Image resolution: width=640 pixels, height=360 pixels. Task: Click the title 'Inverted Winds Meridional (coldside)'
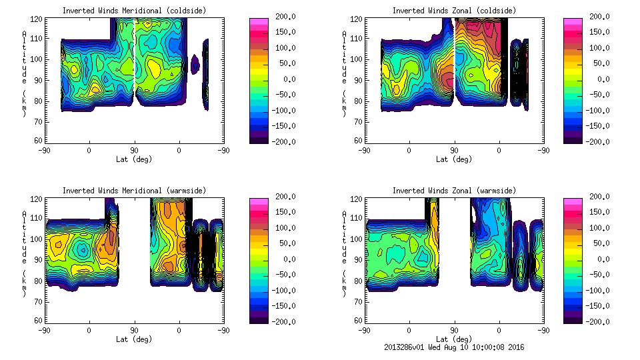click(x=134, y=11)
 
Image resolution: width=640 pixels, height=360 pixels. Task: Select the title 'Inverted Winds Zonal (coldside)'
click(x=454, y=11)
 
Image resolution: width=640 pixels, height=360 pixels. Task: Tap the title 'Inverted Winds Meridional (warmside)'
click(x=134, y=191)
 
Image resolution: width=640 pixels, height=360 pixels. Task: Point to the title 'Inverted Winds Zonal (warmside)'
click(x=454, y=191)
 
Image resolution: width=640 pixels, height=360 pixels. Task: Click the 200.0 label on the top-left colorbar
click(x=279, y=17)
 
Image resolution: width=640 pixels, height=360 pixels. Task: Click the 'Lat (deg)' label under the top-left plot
click(x=134, y=159)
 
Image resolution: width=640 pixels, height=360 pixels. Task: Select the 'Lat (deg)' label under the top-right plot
click(x=454, y=159)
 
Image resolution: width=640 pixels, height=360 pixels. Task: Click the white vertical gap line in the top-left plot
click(x=135, y=53)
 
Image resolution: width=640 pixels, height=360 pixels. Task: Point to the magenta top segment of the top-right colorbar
click(x=572, y=22)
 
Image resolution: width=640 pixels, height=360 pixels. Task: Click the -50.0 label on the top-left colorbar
click(x=279, y=95)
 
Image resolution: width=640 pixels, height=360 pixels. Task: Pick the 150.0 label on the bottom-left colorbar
click(x=279, y=212)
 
